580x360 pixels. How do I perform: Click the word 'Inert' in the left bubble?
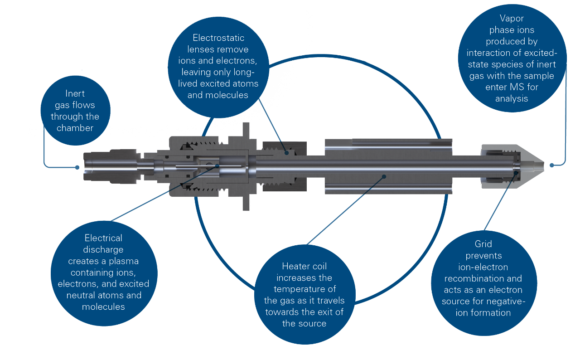point(75,93)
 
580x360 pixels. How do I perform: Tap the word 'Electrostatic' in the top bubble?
point(218,38)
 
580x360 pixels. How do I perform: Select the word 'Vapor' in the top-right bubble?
point(512,19)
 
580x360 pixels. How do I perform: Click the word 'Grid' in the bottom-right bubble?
point(483,244)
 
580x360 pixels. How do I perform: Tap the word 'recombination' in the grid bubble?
point(483,278)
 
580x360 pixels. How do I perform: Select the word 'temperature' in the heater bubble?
point(304,289)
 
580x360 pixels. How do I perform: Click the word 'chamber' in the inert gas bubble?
point(75,128)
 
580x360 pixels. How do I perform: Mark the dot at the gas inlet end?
point(77,167)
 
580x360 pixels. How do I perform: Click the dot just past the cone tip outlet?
point(551,165)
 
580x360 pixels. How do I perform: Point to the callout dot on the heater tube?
point(384,176)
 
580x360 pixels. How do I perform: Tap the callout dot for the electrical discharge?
point(217,166)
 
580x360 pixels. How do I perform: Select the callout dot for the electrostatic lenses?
point(287,153)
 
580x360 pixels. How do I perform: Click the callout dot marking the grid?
point(516,171)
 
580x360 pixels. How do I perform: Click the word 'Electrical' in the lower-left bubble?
point(103,238)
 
